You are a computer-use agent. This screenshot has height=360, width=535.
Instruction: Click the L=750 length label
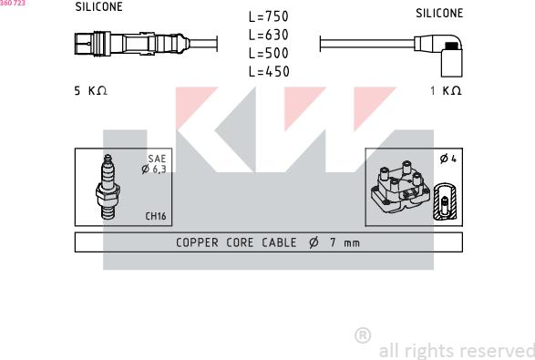click(x=269, y=16)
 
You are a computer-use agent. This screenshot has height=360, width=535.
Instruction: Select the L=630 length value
click(x=269, y=35)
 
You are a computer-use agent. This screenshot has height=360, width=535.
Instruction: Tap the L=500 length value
click(x=269, y=53)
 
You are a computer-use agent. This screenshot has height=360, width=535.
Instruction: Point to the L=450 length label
click(x=269, y=72)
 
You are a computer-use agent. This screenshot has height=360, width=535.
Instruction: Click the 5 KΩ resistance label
click(x=91, y=91)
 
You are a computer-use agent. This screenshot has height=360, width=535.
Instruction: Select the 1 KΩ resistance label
click(x=446, y=91)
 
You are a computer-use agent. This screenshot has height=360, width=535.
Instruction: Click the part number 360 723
click(x=13, y=3)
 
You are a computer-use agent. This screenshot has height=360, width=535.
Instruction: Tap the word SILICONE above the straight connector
click(x=99, y=6)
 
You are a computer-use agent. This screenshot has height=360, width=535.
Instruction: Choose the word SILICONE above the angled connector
click(x=439, y=14)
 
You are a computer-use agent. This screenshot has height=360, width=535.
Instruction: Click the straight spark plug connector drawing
click(x=132, y=44)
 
